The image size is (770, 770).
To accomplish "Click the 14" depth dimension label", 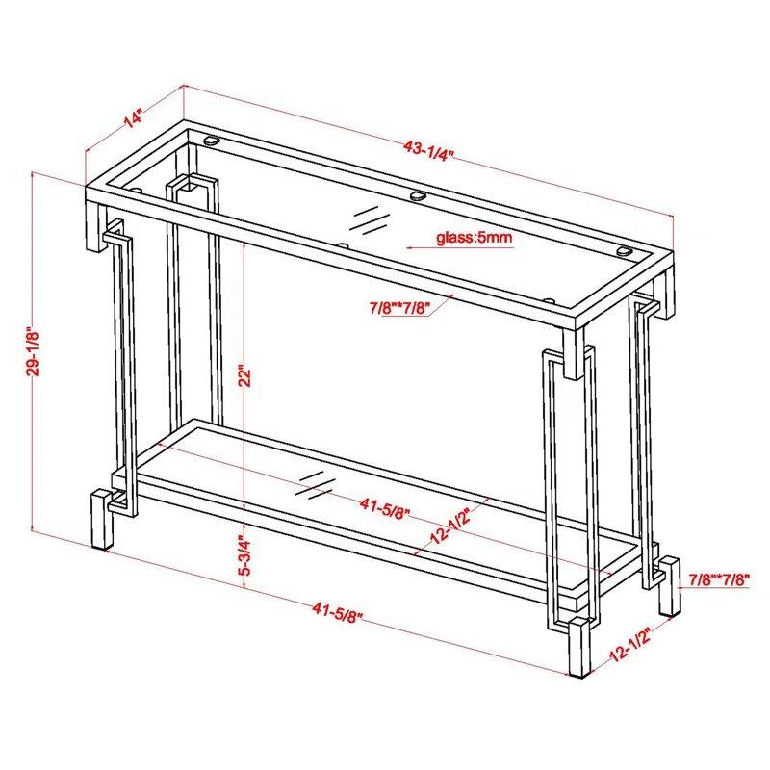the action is click(x=133, y=117).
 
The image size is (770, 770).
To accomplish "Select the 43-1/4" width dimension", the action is click(x=427, y=149).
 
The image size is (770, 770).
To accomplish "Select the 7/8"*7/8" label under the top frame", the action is click(x=400, y=308).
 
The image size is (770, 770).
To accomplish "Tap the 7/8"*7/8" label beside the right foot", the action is click(x=719, y=579).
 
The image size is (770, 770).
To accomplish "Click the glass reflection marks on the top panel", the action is click(x=370, y=218).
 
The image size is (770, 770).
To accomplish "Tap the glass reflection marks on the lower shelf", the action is click(x=315, y=486).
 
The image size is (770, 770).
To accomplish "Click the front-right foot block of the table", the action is click(x=580, y=648).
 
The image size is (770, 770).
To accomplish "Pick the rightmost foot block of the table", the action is click(x=668, y=586).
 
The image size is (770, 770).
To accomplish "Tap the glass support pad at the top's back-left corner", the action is click(x=212, y=141).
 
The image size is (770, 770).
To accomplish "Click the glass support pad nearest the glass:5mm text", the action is click(x=418, y=195).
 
